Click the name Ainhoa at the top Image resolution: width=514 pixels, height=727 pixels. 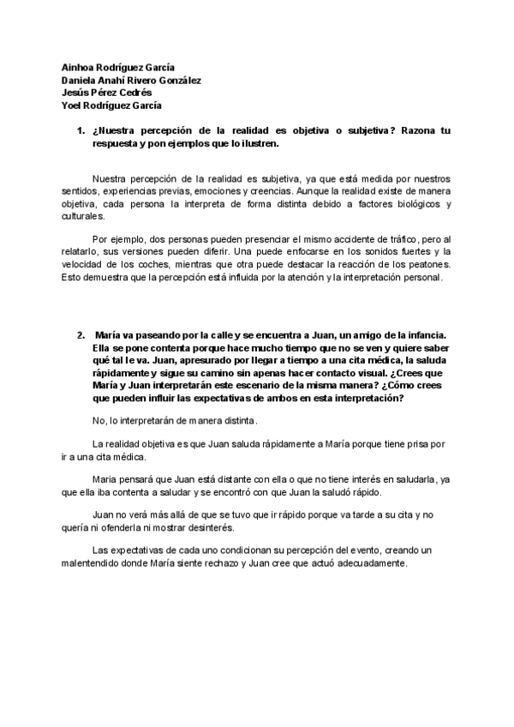pos(78,67)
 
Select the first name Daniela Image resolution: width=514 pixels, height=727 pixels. pos(81,80)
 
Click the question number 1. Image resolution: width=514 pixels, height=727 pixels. pos(81,130)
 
